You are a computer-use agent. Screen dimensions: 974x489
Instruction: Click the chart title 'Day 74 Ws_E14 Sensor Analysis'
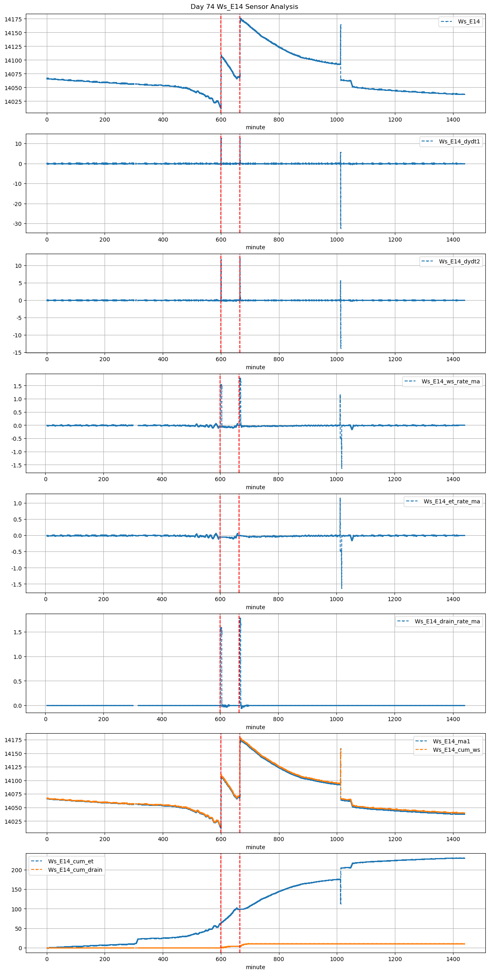pyautogui.click(x=244, y=6)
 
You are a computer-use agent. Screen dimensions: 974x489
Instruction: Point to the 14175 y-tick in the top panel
pyautogui.click(x=14, y=19)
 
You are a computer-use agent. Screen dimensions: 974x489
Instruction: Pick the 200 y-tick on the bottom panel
pyautogui.click(x=17, y=870)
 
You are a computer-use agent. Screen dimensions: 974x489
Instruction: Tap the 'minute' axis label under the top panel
pyautogui.click(x=255, y=127)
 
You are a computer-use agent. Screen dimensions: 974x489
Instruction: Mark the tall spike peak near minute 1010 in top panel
pyautogui.click(x=341, y=25)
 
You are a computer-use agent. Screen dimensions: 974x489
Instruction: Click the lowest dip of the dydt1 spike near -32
pyautogui.click(x=341, y=228)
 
